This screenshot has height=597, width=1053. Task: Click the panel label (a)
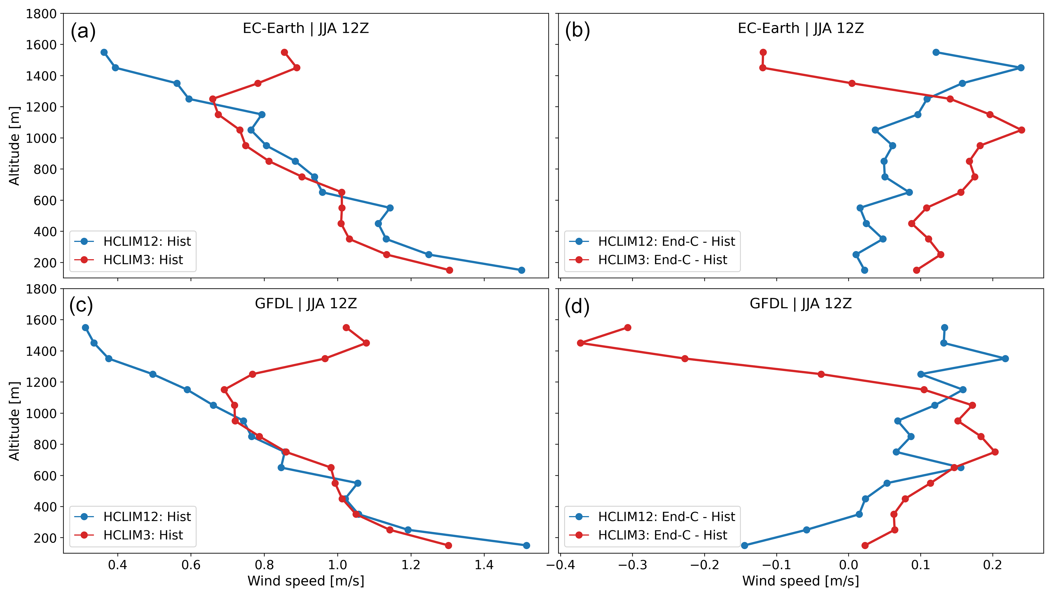(x=83, y=31)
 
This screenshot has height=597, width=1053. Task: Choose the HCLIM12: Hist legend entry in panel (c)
(x=147, y=516)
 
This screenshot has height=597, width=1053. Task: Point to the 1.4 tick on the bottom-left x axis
(x=484, y=565)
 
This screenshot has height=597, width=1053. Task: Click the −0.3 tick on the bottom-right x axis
(x=632, y=565)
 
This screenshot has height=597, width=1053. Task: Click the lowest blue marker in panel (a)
(x=521, y=270)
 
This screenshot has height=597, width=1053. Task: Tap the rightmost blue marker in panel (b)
(x=1021, y=68)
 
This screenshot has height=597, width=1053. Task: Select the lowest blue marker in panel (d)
(x=745, y=545)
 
